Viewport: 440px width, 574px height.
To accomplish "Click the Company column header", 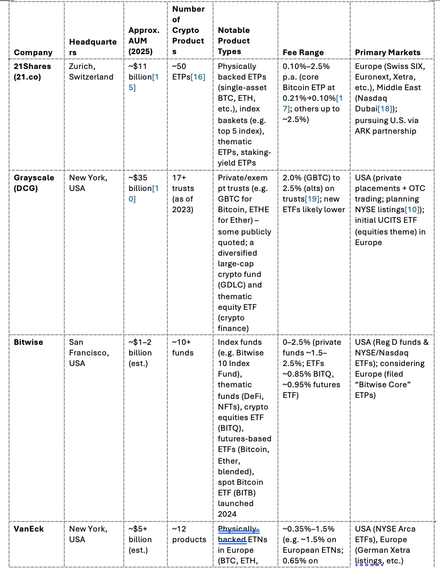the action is (x=33, y=52).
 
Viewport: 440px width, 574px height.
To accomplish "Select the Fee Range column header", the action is (x=303, y=52).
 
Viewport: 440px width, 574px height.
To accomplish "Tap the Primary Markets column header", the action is (x=387, y=52).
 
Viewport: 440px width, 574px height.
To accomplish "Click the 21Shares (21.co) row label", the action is (x=33, y=72).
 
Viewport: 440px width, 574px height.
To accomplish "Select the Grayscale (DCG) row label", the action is (x=34, y=183).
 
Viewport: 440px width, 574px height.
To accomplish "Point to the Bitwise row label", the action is (x=28, y=342).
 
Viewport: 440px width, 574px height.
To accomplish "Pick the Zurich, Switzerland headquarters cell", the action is (x=91, y=72).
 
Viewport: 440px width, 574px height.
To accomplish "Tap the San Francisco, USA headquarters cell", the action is (x=88, y=353).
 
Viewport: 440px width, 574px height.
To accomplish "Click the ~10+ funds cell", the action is (x=183, y=347).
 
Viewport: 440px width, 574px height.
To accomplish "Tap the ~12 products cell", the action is (x=189, y=534).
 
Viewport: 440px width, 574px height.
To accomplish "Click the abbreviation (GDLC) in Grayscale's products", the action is (x=232, y=274).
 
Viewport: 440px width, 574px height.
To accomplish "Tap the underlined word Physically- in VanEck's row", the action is (x=239, y=529).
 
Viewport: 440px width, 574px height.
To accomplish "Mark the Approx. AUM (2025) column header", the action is (x=143, y=41).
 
